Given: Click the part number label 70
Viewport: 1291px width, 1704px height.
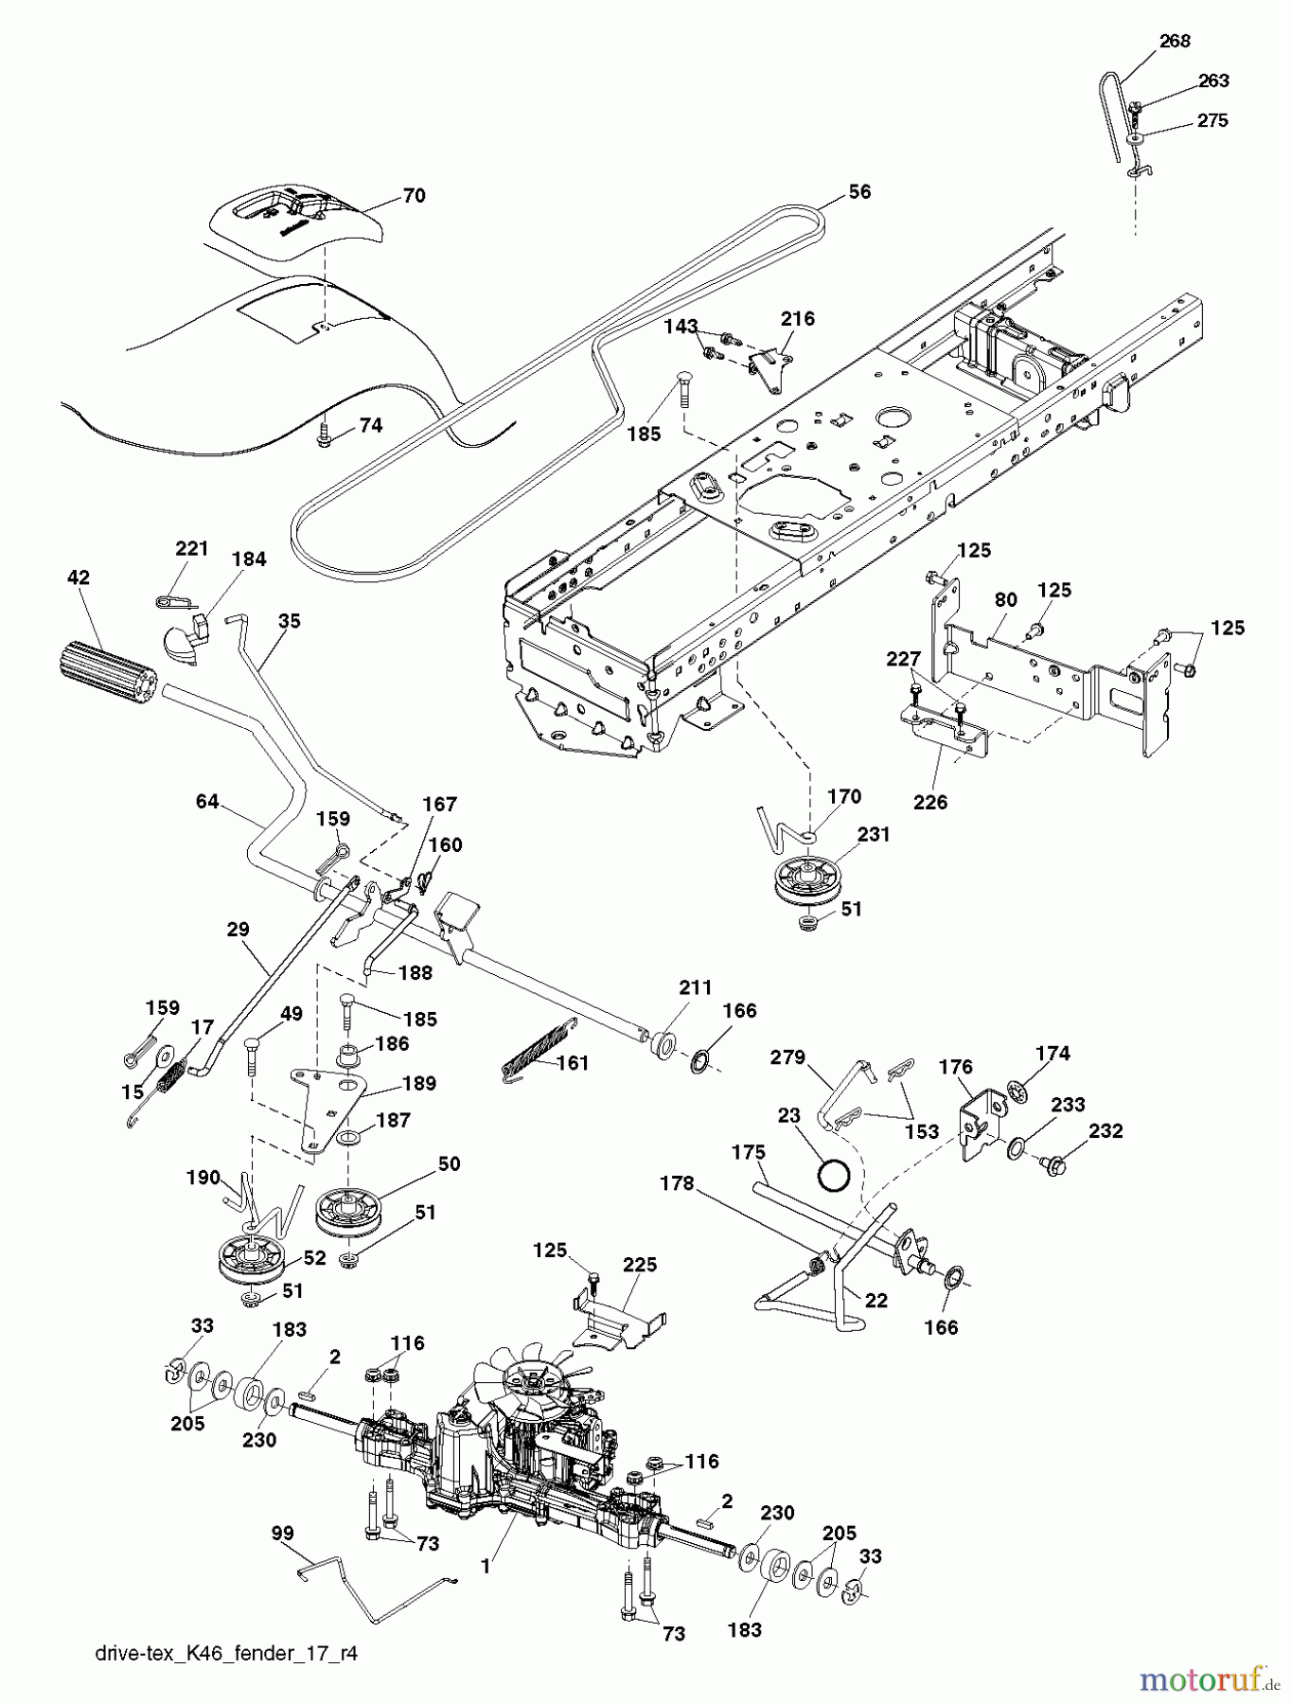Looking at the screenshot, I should pyautogui.click(x=414, y=196).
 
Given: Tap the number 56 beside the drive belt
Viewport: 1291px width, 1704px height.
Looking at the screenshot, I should pyautogui.click(x=858, y=192).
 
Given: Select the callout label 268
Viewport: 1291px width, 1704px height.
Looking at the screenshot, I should pyautogui.click(x=1174, y=41).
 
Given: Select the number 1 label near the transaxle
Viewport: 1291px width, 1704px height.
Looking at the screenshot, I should pyautogui.click(x=486, y=1567).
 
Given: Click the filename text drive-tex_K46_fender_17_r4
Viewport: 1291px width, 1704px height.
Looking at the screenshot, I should pyautogui.click(x=226, y=1654).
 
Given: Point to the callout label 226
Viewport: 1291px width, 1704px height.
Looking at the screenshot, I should pyautogui.click(x=929, y=802).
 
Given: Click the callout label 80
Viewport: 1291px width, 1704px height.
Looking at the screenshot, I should pyautogui.click(x=1005, y=599).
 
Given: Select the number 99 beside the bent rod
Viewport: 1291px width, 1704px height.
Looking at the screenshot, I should pyautogui.click(x=282, y=1533).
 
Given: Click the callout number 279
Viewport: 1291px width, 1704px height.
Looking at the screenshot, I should pyautogui.click(x=787, y=1057).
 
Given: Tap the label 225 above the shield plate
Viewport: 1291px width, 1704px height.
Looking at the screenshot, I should pyautogui.click(x=640, y=1265).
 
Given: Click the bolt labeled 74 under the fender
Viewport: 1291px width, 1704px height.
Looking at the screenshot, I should pyautogui.click(x=324, y=433).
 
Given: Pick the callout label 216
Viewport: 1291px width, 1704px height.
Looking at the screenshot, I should pyautogui.click(x=797, y=318).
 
